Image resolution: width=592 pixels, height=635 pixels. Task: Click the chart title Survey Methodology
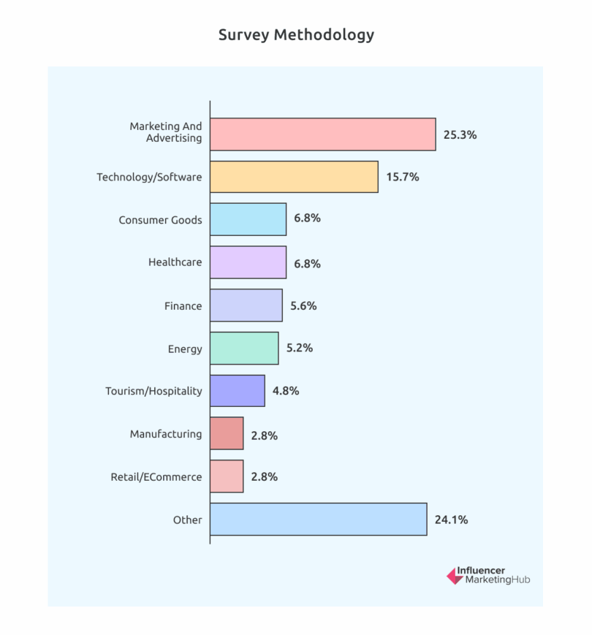click(x=296, y=35)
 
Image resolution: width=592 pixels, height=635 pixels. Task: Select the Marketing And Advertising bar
click(x=322, y=134)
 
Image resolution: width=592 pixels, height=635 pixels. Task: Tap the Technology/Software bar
click(x=294, y=177)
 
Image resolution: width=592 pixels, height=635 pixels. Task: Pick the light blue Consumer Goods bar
click(x=248, y=219)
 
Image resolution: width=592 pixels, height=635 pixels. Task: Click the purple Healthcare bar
click(x=248, y=262)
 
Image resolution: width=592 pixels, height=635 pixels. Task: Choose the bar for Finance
click(x=246, y=305)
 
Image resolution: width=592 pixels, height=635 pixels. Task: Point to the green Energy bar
click(x=244, y=348)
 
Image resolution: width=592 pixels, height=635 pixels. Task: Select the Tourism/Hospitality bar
click(x=237, y=390)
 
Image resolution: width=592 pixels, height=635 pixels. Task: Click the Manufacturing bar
click(x=227, y=433)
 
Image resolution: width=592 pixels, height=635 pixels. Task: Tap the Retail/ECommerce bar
click(x=227, y=476)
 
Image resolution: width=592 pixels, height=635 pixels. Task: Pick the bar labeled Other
click(x=318, y=519)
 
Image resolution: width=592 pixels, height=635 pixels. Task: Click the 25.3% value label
click(x=460, y=135)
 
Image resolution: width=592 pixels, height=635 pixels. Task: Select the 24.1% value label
click(x=451, y=520)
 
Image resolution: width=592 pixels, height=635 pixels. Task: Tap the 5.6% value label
click(x=303, y=306)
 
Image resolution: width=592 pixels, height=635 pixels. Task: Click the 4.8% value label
click(x=286, y=391)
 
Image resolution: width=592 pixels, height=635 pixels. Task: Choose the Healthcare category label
click(x=175, y=262)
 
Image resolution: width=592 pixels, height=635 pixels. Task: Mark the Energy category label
click(x=185, y=349)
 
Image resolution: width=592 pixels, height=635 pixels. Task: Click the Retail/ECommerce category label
click(x=156, y=477)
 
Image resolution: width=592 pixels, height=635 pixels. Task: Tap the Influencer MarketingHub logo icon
click(x=455, y=575)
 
